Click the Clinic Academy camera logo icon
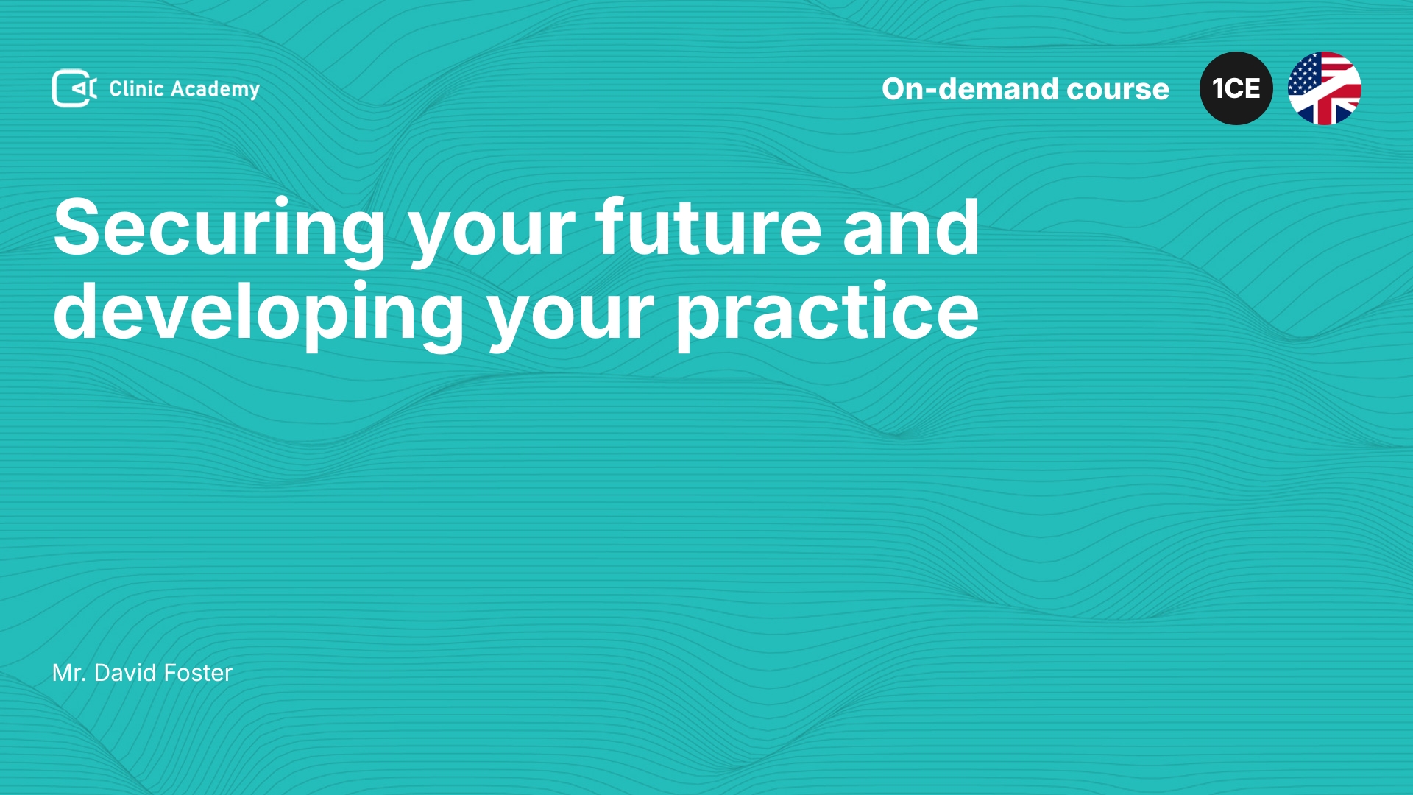point(74,88)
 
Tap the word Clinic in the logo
point(136,88)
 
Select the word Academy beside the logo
point(215,90)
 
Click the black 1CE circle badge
point(1236,88)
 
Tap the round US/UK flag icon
point(1325,88)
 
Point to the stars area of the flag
point(1304,74)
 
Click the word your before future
point(492,236)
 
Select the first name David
point(125,673)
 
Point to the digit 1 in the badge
point(1217,88)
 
